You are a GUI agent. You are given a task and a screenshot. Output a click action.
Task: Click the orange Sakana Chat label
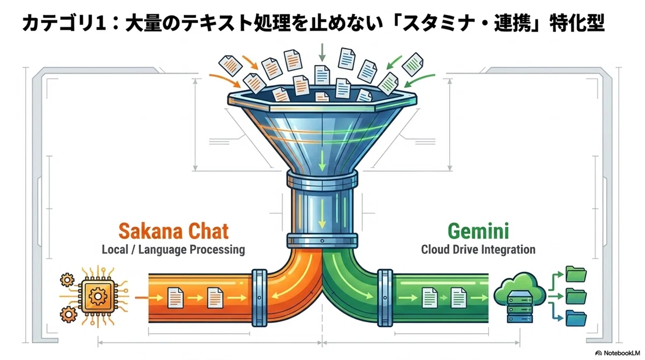click(174, 231)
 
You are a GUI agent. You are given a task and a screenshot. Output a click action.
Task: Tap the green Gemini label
click(478, 231)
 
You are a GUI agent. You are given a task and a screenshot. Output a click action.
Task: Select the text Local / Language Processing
click(173, 249)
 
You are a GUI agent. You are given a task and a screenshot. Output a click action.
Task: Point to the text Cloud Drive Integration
click(478, 249)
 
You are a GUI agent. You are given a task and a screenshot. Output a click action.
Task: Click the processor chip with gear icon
click(97, 296)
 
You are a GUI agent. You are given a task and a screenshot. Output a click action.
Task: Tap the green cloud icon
click(520, 288)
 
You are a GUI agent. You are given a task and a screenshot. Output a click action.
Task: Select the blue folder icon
click(576, 318)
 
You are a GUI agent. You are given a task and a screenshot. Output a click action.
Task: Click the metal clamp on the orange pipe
click(260, 298)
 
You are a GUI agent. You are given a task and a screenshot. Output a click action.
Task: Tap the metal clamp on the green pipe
click(385, 298)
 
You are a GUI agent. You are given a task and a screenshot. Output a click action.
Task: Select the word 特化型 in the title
click(577, 23)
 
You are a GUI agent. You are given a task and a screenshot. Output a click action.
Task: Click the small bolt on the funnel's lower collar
click(322, 241)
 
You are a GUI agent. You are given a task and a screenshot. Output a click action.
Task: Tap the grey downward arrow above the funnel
click(322, 52)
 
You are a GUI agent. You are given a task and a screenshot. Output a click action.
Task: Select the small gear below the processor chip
click(69, 314)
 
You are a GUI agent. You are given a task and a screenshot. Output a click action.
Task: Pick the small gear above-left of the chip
click(67, 280)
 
